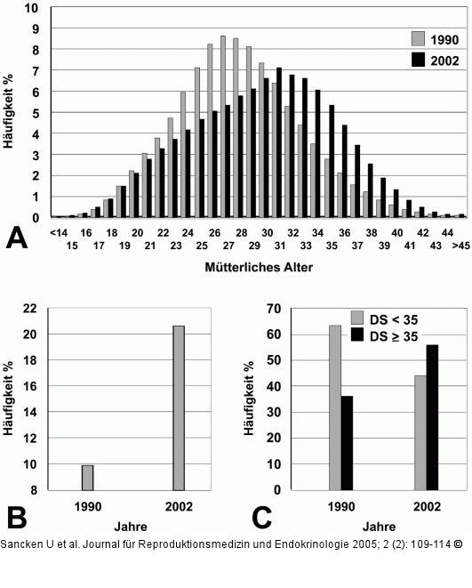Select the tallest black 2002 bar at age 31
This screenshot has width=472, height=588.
tap(279, 142)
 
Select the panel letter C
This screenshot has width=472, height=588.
tap(260, 517)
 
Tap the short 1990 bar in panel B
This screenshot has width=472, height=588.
tap(88, 477)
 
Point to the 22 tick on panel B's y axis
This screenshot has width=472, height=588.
tap(29, 309)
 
